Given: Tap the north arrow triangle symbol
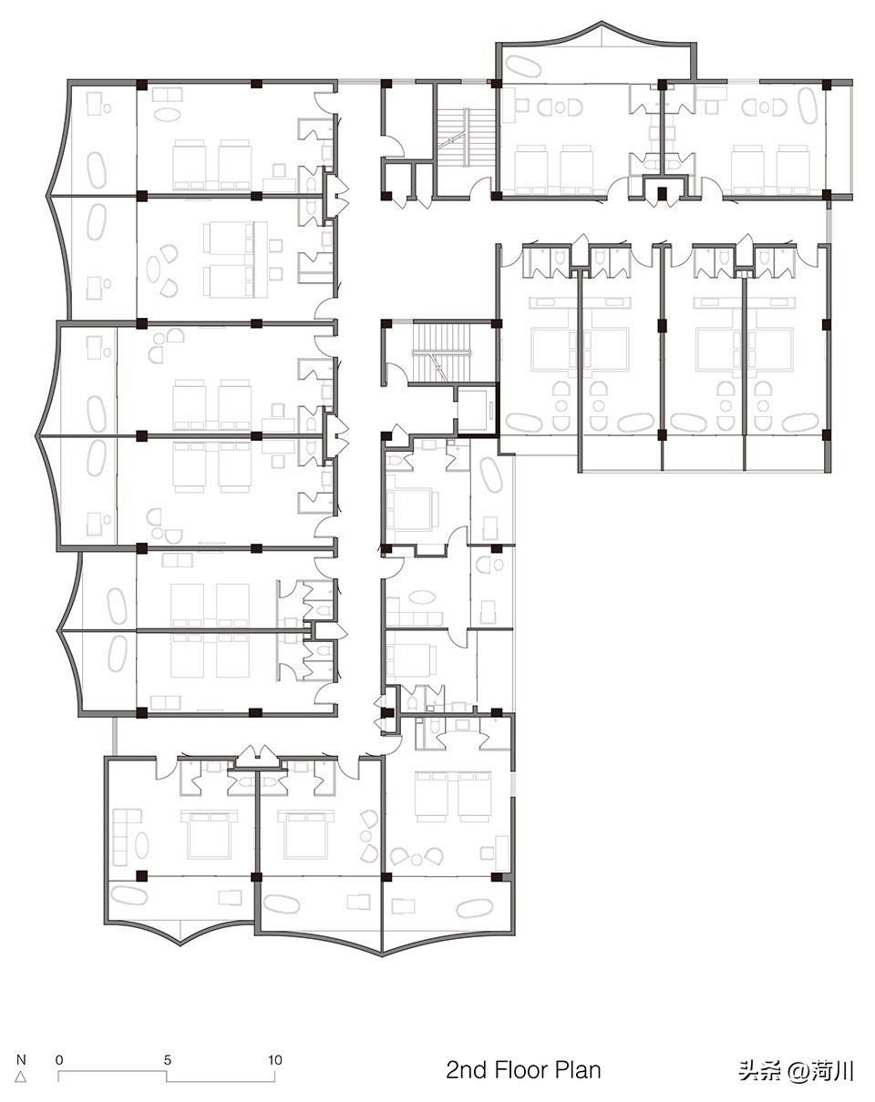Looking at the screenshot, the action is (20, 1076).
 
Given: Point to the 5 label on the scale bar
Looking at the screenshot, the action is (168, 1060).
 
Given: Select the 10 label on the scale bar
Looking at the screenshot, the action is (275, 1060).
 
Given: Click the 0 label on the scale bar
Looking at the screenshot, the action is (59, 1060).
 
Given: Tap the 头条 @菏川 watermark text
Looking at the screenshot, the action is (796, 1071).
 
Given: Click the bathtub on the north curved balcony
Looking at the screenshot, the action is (523, 67).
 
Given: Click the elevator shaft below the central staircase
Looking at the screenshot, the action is (476, 409).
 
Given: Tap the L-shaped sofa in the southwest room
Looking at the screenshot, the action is (125, 838).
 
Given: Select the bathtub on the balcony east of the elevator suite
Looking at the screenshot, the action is (491, 474).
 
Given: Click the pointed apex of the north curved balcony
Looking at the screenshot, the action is (602, 22).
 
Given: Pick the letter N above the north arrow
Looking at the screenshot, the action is (21, 1059).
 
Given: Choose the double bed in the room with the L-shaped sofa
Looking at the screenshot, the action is (208, 833).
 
